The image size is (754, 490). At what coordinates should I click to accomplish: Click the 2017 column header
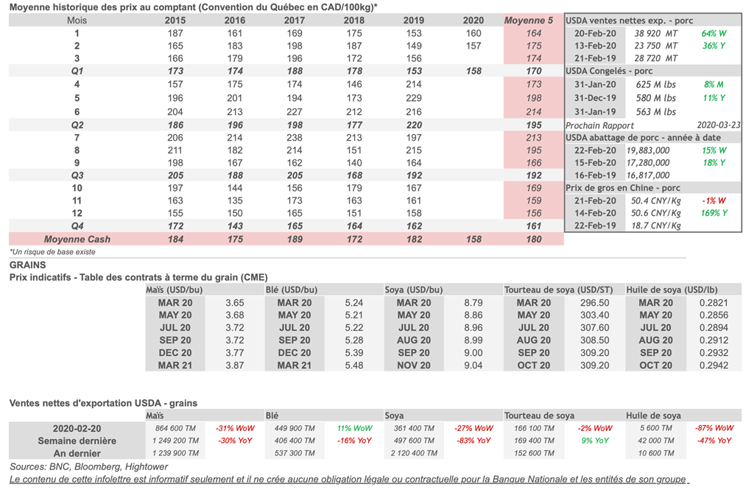tap(294, 21)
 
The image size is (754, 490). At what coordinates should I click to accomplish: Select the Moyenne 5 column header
tap(528, 21)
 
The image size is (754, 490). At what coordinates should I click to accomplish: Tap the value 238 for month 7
tap(294, 138)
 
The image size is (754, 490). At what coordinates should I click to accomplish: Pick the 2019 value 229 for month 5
tap(414, 98)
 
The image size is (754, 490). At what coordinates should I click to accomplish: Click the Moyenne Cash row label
tap(77, 239)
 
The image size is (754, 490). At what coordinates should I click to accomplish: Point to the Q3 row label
tap(77, 175)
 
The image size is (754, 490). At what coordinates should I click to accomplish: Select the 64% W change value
tap(714, 34)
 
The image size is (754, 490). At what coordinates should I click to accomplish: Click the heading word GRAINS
tap(27, 265)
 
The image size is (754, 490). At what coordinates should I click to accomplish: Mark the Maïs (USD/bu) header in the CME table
tap(175, 290)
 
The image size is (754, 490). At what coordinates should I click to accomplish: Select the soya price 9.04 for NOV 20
tap(473, 365)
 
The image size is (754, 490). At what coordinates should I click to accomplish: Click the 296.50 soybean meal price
tap(594, 303)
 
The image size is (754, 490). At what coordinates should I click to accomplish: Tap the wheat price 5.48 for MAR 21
tap(354, 365)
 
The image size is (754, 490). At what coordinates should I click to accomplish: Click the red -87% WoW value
tap(714, 428)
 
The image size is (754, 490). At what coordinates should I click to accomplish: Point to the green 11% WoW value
tap(354, 428)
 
